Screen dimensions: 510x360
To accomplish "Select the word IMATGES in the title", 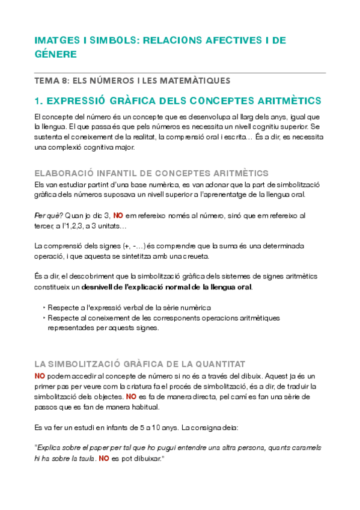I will [55, 41].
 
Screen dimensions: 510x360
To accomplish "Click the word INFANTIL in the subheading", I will [126, 173].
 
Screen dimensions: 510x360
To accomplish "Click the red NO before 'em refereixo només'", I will [118, 215].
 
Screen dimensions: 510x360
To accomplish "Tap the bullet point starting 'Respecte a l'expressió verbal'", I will [129, 307].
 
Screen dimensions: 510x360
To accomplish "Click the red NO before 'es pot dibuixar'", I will [104, 458].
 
